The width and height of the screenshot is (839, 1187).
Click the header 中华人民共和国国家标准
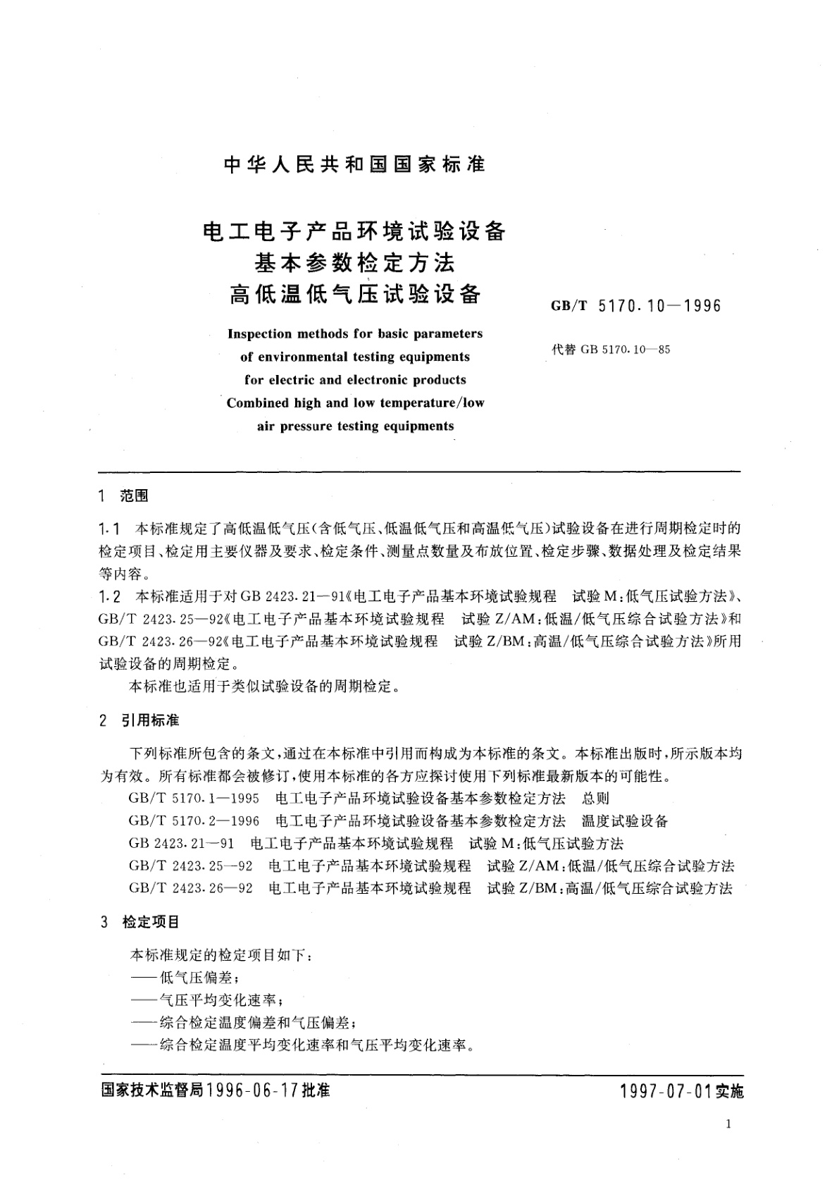354,165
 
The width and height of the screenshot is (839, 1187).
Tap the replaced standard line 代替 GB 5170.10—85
611,350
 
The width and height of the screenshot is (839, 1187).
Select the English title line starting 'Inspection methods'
355,333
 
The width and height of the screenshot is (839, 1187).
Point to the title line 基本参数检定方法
355,263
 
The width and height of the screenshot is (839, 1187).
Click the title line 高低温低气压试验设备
355,293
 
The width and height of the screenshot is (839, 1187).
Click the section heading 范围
134,497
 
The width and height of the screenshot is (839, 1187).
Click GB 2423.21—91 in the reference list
182,844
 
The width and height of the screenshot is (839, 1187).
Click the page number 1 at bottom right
728,1124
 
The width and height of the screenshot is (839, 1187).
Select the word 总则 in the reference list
596,799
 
